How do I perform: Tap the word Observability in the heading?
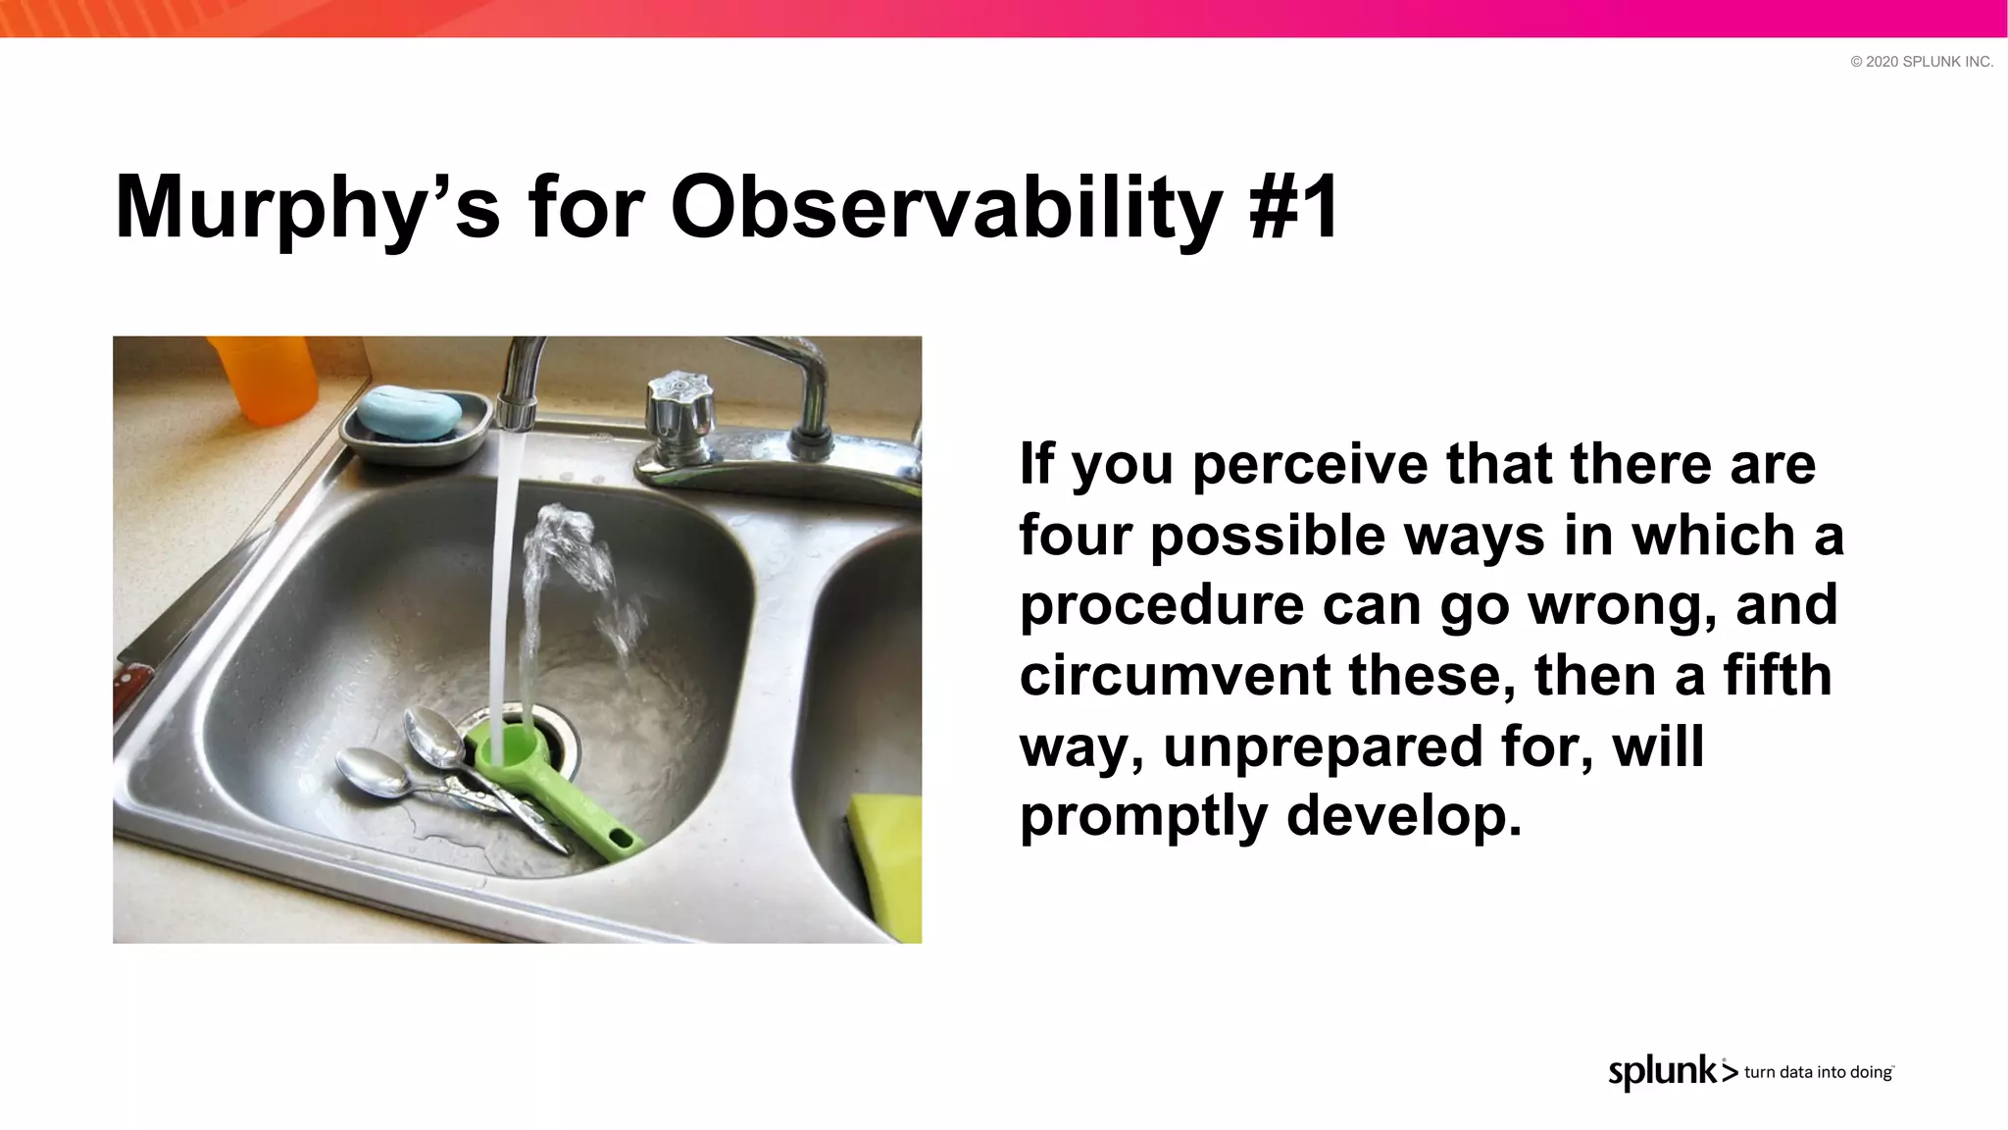(945, 208)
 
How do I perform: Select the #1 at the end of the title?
(1294, 208)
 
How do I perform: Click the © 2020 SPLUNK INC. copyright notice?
(1921, 62)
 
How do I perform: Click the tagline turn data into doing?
(1818, 1072)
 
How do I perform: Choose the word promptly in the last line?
(1142, 816)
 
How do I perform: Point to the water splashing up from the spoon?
(578, 579)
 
